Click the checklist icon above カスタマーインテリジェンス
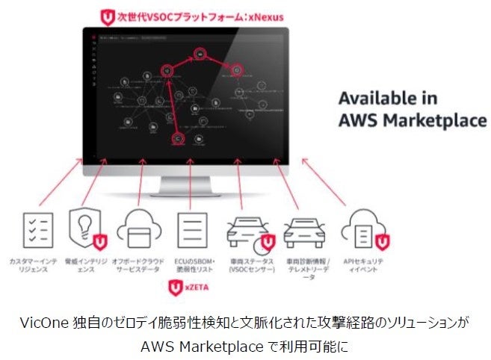(x=37, y=230)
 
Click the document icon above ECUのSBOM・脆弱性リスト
(x=189, y=229)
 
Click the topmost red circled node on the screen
(x=200, y=54)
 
